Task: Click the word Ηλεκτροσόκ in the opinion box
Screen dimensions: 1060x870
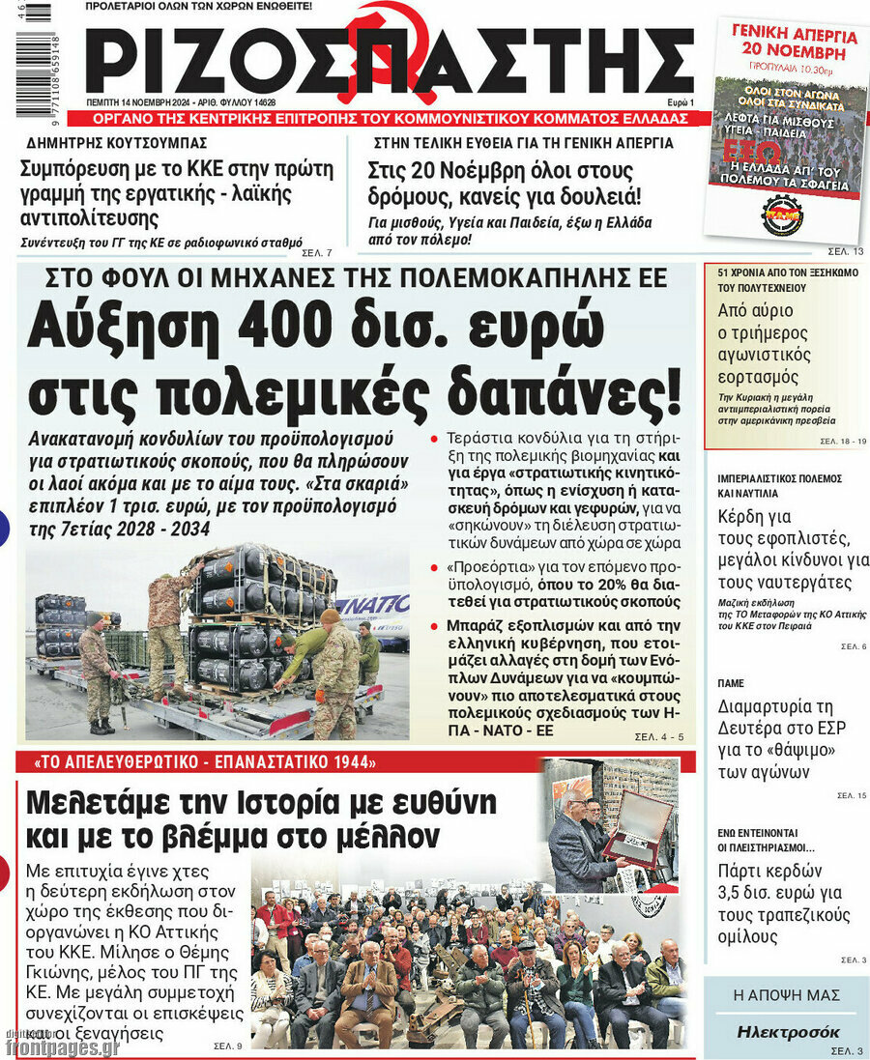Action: coord(788,1032)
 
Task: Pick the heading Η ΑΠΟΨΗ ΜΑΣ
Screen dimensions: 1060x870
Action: coord(786,995)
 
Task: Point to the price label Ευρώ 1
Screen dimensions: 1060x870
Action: coord(680,101)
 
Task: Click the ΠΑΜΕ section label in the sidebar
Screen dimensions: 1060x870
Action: coord(731,683)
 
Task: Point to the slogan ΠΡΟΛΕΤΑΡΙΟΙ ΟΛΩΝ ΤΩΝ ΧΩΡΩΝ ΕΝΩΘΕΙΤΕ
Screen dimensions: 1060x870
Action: coord(199,7)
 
